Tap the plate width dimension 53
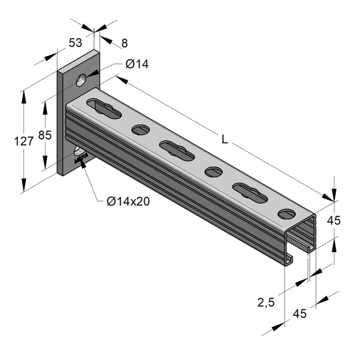coord(75,43)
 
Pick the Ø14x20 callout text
coord(128,201)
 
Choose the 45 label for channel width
coord(299,314)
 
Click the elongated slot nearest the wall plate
coord(104,108)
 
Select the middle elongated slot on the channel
coord(177,150)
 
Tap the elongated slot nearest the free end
coord(250,193)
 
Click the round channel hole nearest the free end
coord(286,214)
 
